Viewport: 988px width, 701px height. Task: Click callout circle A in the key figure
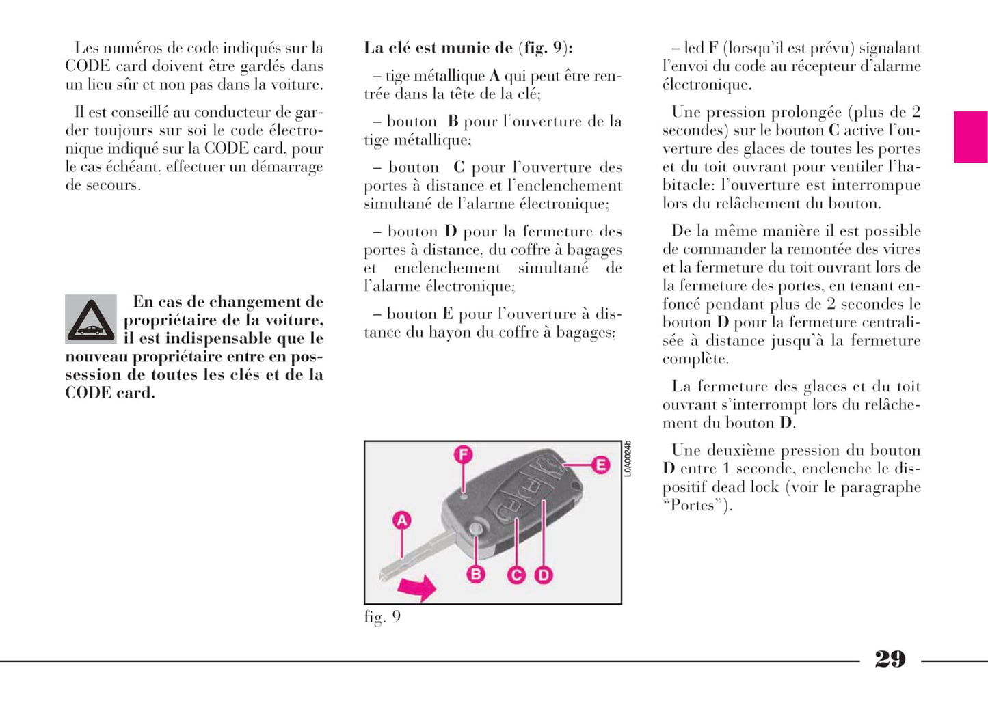point(402,521)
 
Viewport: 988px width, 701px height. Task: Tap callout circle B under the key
point(476,575)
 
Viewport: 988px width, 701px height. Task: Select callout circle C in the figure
point(517,575)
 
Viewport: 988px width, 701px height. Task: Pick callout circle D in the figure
point(544,575)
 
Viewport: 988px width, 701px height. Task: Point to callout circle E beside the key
point(600,465)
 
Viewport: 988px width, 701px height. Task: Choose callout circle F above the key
point(464,455)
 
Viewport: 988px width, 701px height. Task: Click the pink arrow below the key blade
point(418,587)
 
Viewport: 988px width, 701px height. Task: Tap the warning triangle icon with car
point(91,319)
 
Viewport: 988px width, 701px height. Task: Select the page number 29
point(890,659)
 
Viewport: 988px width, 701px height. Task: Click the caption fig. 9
point(382,618)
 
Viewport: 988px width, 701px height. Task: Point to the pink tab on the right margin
point(970,137)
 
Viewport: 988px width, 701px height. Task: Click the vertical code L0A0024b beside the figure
point(628,459)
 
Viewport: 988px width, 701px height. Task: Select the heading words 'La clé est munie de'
point(438,48)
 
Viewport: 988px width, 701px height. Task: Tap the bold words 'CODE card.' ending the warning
point(110,393)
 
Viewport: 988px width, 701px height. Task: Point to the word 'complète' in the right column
point(695,359)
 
